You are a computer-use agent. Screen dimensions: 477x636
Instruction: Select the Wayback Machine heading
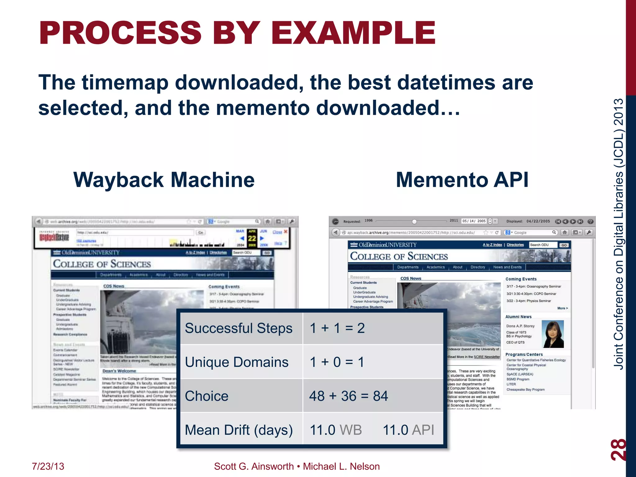pyautogui.click(x=164, y=180)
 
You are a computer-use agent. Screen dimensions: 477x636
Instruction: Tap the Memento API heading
pyautogui.click(x=462, y=180)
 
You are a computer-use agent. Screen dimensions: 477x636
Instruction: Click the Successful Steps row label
pyautogui.click(x=238, y=328)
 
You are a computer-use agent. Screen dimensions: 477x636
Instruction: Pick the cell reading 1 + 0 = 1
pyautogui.click(x=337, y=362)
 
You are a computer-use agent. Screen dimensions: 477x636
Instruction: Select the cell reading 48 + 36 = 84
pyautogui.click(x=348, y=396)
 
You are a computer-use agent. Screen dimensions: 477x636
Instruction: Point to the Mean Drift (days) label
pyautogui.click(x=238, y=430)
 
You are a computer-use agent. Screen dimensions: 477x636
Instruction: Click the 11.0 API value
pyautogui.click(x=408, y=430)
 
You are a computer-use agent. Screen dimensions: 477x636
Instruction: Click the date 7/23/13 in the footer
pyautogui.click(x=48, y=466)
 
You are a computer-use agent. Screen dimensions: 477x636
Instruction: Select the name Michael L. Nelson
pyautogui.click(x=341, y=466)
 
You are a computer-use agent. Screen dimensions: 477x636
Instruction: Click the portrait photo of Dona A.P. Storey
pyautogui.click(x=552, y=334)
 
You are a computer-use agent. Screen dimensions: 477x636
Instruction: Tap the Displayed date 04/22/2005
pyautogui.click(x=538, y=221)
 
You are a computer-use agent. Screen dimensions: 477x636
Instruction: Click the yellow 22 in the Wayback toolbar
pyautogui.click(x=252, y=238)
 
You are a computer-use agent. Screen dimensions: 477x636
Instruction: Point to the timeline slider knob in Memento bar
pyautogui.click(x=414, y=221)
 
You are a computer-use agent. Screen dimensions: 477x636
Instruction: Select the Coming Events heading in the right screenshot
pyautogui.click(x=521, y=279)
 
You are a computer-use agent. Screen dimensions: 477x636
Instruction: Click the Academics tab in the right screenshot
pyautogui.click(x=435, y=267)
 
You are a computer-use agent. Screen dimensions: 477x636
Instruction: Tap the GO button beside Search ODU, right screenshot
pyautogui.click(x=564, y=245)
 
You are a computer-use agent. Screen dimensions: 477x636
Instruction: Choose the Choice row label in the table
pyautogui.click(x=207, y=396)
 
